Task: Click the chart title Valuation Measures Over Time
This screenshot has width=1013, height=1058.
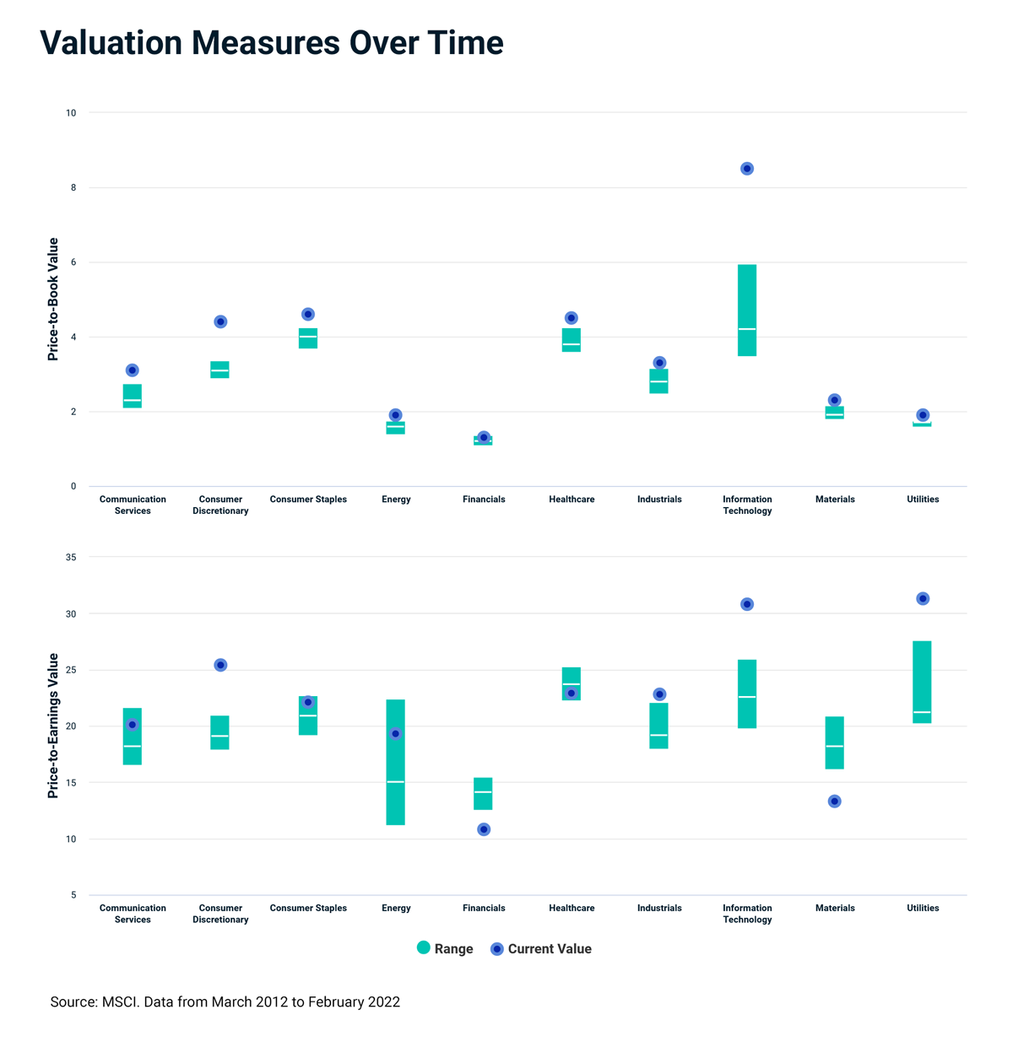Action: coord(272,43)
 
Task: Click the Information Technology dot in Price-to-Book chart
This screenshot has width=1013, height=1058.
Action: coord(747,169)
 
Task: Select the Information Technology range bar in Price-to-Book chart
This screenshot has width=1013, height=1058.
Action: coord(747,310)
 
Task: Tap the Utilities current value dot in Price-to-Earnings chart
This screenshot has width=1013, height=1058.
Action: coord(923,599)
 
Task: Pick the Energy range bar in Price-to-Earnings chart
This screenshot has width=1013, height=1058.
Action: coord(395,762)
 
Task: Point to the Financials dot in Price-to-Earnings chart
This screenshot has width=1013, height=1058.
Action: coord(484,829)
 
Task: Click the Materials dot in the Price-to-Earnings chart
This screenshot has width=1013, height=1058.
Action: coord(835,802)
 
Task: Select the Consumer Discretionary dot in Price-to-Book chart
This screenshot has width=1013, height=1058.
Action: coord(220,321)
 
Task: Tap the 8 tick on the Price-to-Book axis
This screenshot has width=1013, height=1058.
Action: coord(73,187)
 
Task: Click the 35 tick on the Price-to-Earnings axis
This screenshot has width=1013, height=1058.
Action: coord(71,558)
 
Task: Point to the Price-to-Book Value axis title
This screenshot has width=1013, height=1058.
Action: coord(53,300)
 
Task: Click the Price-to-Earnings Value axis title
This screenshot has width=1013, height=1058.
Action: coord(53,726)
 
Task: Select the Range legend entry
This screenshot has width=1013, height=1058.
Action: coord(445,948)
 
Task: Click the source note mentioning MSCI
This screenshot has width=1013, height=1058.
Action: coord(225,1002)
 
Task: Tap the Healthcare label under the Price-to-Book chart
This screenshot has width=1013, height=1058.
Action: coord(572,499)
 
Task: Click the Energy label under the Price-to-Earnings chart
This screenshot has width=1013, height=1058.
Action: coord(396,908)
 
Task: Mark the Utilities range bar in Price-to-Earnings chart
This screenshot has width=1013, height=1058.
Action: coord(922,682)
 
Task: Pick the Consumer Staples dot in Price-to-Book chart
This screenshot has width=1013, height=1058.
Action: coord(308,314)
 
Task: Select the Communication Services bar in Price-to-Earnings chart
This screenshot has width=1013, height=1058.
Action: coord(133,736)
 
